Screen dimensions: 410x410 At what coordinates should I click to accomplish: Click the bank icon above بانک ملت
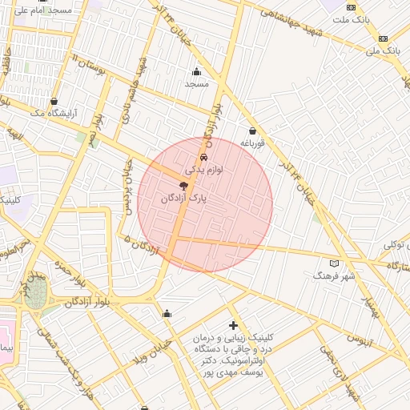[x=384, y=6]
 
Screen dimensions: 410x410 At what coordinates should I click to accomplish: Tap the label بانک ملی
[x=383, y=51]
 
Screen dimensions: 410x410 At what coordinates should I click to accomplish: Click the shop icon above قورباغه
[x=252, y=131]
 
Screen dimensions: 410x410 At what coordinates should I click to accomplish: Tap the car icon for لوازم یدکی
[x=203, y=157]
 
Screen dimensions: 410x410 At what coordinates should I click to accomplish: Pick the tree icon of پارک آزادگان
[x=184, y=185]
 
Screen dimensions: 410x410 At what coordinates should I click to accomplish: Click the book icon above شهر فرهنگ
[x=334, y=263]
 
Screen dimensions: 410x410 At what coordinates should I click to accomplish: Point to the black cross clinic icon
[x=233, y=325]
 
